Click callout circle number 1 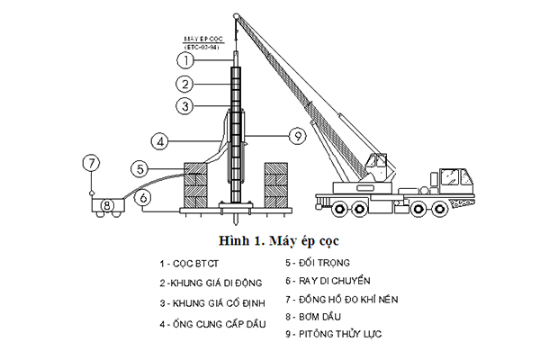pyautogui.click(x=184, y=61)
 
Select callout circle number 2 pyautogui.click(x=184, y=84)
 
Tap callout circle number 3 pyautogui.click(x=184, y=106)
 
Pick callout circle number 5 pyautogui.click(x=139, y=167)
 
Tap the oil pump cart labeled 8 pyautogui.click(x=107, y=205)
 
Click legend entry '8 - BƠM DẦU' pyautogui.click(x=315, y=317)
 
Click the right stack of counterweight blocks pyautogui.click(x=278, y=184)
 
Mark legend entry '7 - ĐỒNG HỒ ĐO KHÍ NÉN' pyautogui.click(x=341, y=299)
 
